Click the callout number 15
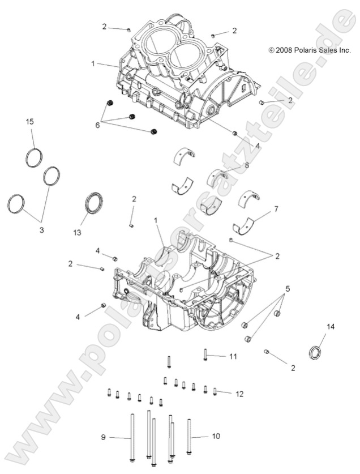point(30,122)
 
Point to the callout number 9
point(103,437)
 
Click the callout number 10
point(216,436)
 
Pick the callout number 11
point(232,356)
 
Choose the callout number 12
point(239,393)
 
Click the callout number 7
point(276,210)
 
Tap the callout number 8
point(246,165)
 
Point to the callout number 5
point(288,289)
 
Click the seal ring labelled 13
point(95,203)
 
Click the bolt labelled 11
point(205,356)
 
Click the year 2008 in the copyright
point(284,50)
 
